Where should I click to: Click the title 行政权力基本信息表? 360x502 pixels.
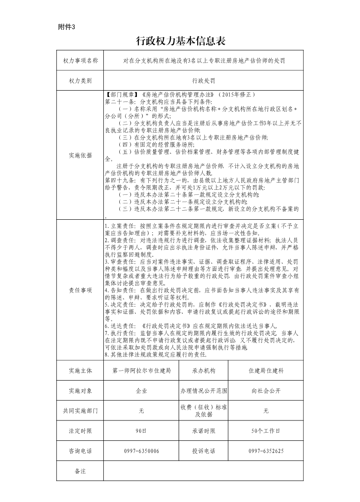tap(180, 42)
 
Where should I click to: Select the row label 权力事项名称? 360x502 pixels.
tap(80, 60)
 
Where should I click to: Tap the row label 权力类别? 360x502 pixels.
tap(80, 81)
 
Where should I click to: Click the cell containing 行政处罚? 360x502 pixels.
tap(203, 81)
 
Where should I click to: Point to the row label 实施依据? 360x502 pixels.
tap(80, 155)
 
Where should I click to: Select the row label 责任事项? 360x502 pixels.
tap(80, 290)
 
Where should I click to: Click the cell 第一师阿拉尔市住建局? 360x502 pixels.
tap(141, 371)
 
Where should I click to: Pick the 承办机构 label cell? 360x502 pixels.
tap(203, 371)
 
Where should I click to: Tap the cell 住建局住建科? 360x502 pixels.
tap(266, 371)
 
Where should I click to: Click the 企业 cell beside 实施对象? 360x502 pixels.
tap(141, 390)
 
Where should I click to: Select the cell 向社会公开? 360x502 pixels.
tap(266, 390)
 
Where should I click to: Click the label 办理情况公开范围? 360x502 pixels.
tap(203, 390)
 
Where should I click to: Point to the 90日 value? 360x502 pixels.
tap(141, 431)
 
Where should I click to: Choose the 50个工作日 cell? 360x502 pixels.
tap(266, 431)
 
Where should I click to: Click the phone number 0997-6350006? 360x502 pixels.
tap(141, 451)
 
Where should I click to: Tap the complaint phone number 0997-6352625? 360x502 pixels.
tap(266, 451)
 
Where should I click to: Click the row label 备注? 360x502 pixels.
tap(80, 471)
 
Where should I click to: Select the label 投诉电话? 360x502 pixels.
tap(203, 451)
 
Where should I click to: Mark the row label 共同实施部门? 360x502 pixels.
tap(80, 410)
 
